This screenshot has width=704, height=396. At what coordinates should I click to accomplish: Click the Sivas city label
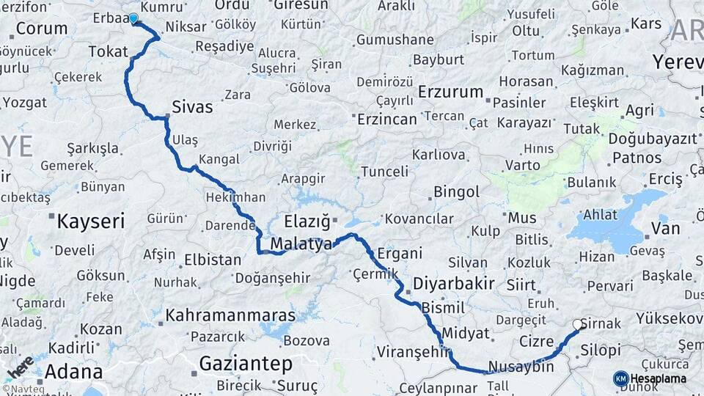coord(192,107)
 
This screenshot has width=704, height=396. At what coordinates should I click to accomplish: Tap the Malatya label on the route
coord(301,244)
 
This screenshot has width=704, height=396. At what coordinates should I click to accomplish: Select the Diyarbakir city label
coord(454,283)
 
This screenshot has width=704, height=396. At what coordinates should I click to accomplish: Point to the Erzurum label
coord(451,92)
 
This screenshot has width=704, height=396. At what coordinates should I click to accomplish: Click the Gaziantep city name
coord(246,363)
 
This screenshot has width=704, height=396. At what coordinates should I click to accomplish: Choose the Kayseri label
coord(91,221)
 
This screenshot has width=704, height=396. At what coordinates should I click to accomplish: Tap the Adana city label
coord(73,370)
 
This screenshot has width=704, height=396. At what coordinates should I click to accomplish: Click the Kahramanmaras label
coord(231,315)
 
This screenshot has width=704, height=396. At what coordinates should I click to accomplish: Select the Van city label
coord(665,229)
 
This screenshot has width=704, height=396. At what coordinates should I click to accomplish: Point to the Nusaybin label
coord(521,366)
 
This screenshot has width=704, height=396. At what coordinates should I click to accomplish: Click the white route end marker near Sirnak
coord(578,324)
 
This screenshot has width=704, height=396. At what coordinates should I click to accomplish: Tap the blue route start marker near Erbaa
coord(133,18)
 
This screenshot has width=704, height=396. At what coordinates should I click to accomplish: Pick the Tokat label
coord(108,51)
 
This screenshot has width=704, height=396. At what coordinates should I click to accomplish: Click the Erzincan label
coord(387,118)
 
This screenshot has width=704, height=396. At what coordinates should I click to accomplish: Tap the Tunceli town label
coord(384,171)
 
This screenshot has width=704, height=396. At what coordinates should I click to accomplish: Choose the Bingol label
coord(456,192)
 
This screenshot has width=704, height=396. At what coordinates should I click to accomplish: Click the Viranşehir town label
coord(412,352)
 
